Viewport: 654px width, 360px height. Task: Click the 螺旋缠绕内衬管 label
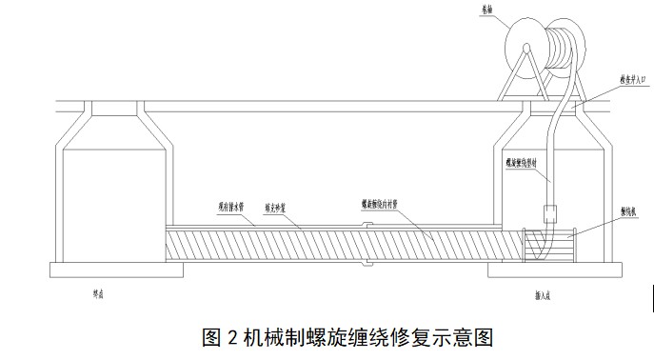coord(382,203)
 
